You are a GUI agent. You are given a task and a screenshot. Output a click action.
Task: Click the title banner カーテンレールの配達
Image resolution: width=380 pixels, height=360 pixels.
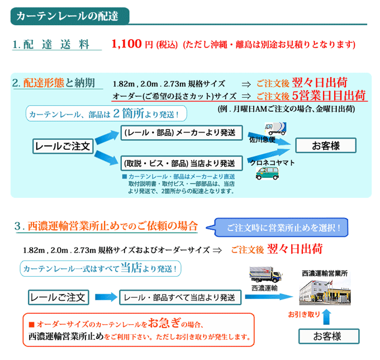pyautogui.click(x=70, y=16)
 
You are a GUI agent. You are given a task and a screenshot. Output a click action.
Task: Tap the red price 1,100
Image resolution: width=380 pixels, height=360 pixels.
pyautogui.click(x=126, y=44)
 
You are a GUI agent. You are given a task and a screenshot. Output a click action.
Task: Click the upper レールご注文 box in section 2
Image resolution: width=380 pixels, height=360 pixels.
pyautogui.click(x=63, y=146)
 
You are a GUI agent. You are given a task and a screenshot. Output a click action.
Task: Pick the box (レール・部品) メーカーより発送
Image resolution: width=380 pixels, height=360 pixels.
pyautogui.click(x=182, y=132)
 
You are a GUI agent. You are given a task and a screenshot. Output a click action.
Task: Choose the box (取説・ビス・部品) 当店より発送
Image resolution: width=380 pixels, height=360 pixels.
pyautogui.click(x=182, y=163)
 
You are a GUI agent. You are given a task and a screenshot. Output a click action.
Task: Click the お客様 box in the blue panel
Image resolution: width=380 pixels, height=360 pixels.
pyautogui.click(x=326, y=145)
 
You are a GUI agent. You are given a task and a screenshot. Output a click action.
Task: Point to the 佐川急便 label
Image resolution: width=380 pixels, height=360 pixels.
pyautogui.click(x=263, y=140)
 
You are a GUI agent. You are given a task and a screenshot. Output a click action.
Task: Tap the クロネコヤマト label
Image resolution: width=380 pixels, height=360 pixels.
pyautogui.click(x=272, y=163)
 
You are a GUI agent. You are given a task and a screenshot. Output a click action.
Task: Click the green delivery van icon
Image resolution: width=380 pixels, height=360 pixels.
pyautogui.click(x=267, y=174)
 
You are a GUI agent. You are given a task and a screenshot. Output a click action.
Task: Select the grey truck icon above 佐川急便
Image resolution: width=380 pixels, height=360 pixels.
pyautogui.click(x=275, y=129)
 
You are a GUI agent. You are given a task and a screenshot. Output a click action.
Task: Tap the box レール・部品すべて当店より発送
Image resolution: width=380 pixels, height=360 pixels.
pyautogui.click(x=180, y=297)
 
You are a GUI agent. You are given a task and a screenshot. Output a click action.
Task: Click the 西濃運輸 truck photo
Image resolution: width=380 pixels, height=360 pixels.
pyautogui.click(x=266, y=275)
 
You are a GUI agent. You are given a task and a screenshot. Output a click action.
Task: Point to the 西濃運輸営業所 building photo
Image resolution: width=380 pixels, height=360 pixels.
pyautogui.click(x=325, y=292)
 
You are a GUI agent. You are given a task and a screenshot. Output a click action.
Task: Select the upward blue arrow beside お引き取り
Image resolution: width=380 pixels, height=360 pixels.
pyautogui.click(x=327, y=317)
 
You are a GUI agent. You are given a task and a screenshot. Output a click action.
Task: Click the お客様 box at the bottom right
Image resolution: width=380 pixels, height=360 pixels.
pyautogui.click(x=329, y=337)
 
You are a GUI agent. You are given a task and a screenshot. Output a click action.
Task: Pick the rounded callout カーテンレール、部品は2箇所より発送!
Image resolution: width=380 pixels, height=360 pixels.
pyautogui.click(x=106, y=113)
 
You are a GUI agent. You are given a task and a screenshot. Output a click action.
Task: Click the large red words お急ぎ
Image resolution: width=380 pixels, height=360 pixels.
pyautogui.click(x=164, y=323)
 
